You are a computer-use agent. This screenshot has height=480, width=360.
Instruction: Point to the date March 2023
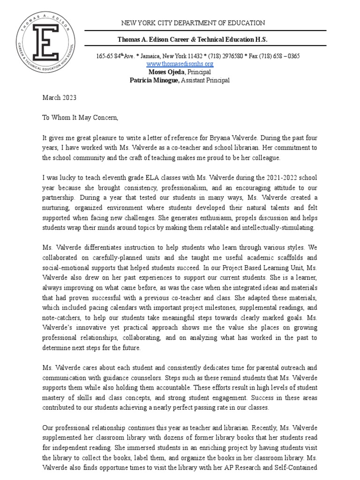click(x=56, y=98)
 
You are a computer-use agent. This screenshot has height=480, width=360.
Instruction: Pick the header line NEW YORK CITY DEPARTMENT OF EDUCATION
click(x=193, y=23)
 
